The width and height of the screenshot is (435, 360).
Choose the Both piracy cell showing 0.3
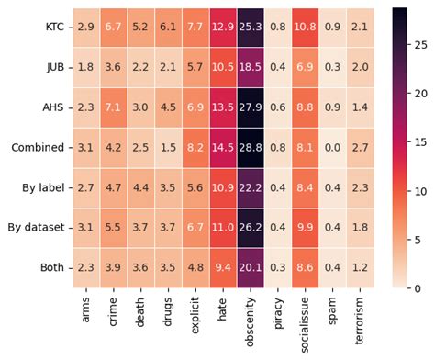[279, 266]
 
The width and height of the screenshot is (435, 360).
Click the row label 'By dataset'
[38, 227]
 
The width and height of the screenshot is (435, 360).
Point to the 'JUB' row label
[56, 68]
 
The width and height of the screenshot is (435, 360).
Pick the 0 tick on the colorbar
[421, 287]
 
